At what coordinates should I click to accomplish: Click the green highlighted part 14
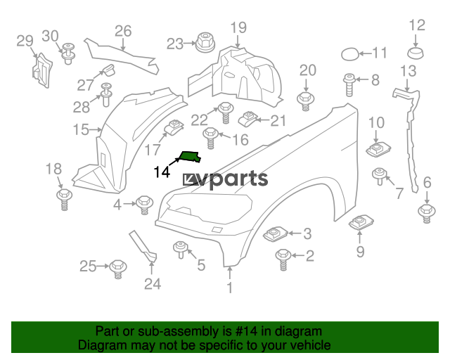click(x=190, y=157)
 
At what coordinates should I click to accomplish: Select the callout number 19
click(x=238, y=27)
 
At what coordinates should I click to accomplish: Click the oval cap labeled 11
click(x=349, y=55)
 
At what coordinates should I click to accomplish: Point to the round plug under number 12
click(x=416, y=53)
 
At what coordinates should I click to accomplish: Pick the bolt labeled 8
click(x=349, y=85)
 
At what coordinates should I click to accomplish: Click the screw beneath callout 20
click(x=306, y=101)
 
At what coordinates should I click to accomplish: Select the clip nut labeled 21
click(x=247, y=119)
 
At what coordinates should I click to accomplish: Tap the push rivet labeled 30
click(x=68, y=53)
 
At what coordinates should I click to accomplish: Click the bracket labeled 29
click(x=42, y=70)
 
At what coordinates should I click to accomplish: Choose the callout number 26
click(x=123, y=31)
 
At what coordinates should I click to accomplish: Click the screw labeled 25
click(x=118, y=269)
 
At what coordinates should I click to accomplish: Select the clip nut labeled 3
click(x=275, y=233)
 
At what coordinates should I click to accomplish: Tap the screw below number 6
click(x=427, y=214)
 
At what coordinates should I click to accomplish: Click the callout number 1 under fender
click(x=230, y=288)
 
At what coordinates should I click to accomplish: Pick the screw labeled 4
click(x=144, y=205)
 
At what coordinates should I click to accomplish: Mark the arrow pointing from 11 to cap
click(x=366, y=53)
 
